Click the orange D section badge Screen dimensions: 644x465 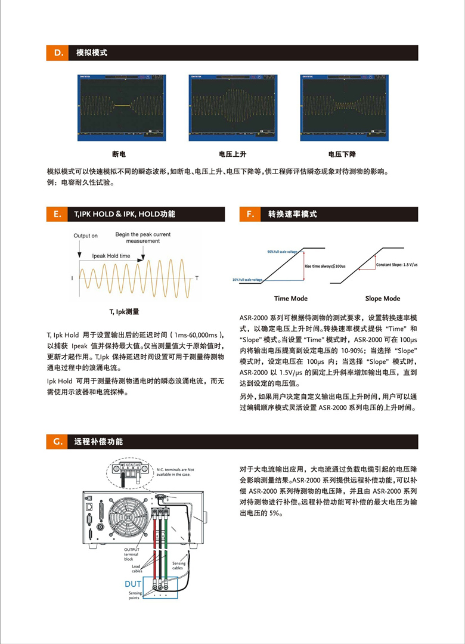pyautogui.click(x=58, y=53)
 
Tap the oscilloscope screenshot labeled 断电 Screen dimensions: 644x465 pyautogui.click(x=122, y=108)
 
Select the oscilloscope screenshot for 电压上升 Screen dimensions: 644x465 pyautogui.click(x=232, y=108)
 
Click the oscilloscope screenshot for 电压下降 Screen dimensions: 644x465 pyautogui.click(x=344, y=108)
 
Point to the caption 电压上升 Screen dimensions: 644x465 pyautogui.click(x=232, y=154)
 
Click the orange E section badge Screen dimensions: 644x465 pyautogui.click(x=58, y=214)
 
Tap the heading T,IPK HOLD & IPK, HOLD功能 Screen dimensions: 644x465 pyautogui.click(x=125, y=214)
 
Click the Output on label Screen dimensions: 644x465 pyautogui.click(x=86, y=236)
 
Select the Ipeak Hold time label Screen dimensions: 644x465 pyautogui.click(x=111, y=256)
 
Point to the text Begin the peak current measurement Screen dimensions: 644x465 pyautogui.click(x=143, y=238)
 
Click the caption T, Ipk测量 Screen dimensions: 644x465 pyautogui.click(x=124, y=311)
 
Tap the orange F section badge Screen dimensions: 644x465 pyautogui.click(x=249, y=214)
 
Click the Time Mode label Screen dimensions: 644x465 pyautogui.click(x=291, y=298)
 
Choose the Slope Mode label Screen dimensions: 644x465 pyautogui.click(x=383, y=298)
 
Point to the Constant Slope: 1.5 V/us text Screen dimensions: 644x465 pyautogui.click(x=396, y=264)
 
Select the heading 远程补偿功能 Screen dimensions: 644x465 pyautogui.click(x=99, y=442)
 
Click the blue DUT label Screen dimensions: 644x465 pyautogui.click(x=133, y=584)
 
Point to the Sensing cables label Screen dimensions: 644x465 pyautogui.click(x=179, y=565)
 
